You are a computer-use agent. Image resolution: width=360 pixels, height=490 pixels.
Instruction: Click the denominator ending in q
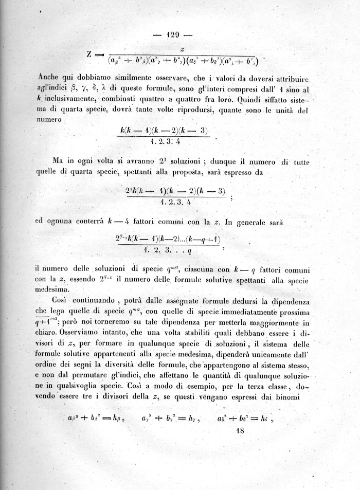click(170, 251)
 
